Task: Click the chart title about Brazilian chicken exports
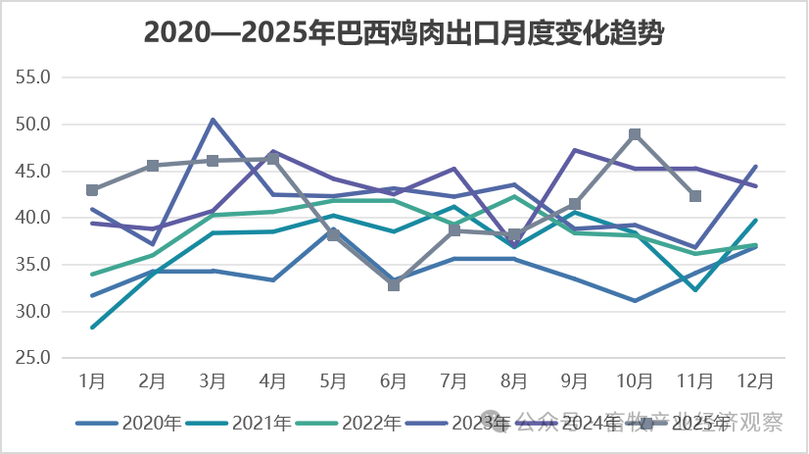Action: click(404, 32)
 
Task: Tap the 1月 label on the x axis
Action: click(92, 380)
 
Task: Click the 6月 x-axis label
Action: click(394, 380)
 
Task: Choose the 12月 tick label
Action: click(755, 380)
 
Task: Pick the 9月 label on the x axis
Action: click(575, 380)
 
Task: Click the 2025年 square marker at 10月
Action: click(635, 134)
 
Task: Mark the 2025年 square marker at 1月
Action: click(92, 190)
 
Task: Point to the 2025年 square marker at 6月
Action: click(394, 285)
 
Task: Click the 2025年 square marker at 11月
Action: click(695, 196)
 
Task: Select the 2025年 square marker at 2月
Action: click(153, 166)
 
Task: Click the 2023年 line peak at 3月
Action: click(213, 120)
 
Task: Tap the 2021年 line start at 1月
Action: click(92, 328)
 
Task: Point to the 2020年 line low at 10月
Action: click(635, 301)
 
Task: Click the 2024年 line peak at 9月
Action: click(575, 150)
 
